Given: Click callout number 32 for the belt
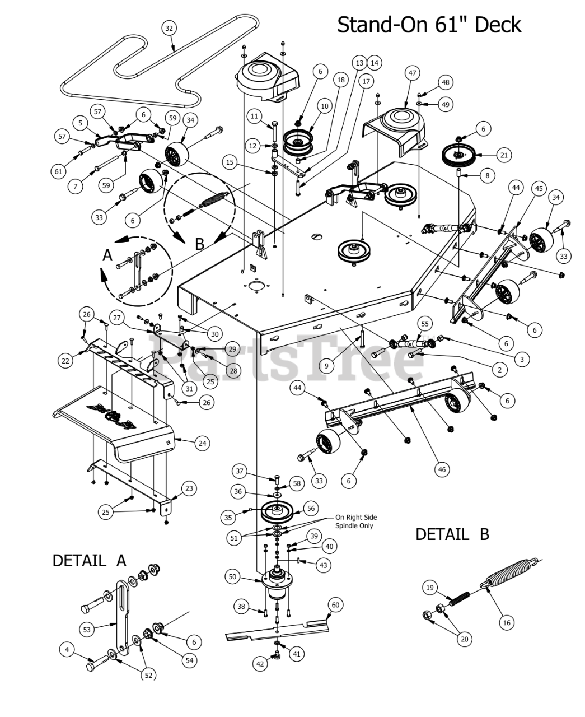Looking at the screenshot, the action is click(x=169, y=28).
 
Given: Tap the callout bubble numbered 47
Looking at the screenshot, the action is click(x=412, y=73).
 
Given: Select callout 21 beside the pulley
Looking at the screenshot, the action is click(x=504, y=155).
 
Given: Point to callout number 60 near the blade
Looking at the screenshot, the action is click(x=335, y=605).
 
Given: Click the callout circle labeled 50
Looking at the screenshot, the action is click(x=232, y=576).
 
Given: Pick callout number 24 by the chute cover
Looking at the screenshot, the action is click(x=202, y=443).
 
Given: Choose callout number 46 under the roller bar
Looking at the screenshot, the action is click(x=442, y=469).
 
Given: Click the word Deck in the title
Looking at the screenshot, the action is click(x=498, y=25).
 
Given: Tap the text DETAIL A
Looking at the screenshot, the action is click(x=90, y=561).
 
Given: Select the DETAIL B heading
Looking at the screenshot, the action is click(x=452, y=534).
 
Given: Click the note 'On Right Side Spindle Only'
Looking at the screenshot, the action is click(x=355, y=522).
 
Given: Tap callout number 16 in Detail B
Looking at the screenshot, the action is click(x=507, y=622).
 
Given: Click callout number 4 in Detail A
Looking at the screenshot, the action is click(x=67, y=650).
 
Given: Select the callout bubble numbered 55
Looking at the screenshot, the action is click(x=425, y=324).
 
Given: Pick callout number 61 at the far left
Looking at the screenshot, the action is click(x=58, y=171).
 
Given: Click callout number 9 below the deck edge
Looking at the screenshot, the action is click(x=326, y=366).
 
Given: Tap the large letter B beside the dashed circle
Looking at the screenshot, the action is click(x=199, y=244).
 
